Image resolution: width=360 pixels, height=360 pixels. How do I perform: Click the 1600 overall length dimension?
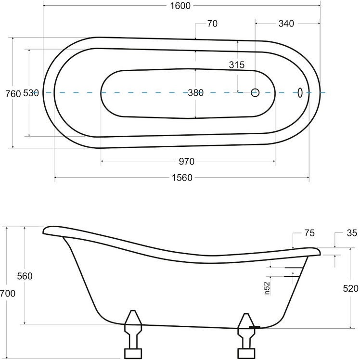click(180, 6)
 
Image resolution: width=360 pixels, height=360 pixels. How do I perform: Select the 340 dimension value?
click(286, 24)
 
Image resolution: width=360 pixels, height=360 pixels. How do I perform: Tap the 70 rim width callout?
click(212, 24)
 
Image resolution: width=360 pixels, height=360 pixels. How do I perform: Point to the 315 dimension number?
click(237, 65)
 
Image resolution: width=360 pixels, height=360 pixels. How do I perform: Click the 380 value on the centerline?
click(195, 93)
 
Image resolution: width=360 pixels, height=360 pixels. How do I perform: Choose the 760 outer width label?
click(13, 94)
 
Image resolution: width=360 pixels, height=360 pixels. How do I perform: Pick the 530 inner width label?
click(31, 93)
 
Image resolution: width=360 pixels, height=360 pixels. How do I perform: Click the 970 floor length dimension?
click(187, 162)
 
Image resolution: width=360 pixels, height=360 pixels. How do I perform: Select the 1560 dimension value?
click(182, 178)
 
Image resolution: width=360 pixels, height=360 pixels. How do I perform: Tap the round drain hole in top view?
click(255, 93)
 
